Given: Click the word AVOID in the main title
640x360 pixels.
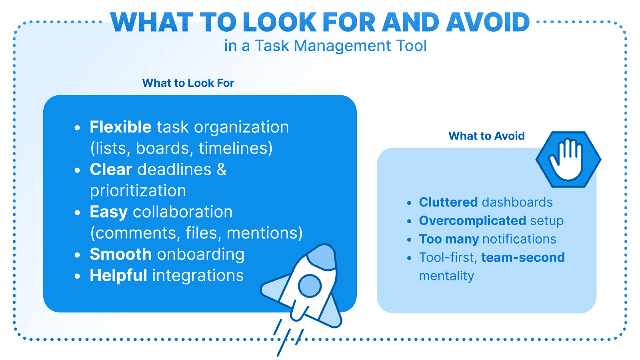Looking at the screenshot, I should coord(488,22).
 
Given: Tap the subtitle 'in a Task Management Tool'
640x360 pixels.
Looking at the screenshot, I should coord(325,46).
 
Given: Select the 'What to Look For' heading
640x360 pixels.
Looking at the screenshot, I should coord(188,83).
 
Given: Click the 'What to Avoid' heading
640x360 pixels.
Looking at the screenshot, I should coord(486,136).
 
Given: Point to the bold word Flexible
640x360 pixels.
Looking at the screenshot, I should coord(120,127).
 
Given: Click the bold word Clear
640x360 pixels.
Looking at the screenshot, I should coord(111,170).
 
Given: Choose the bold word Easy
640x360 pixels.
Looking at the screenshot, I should coord(108,212).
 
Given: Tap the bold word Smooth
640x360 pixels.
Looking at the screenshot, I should coord(120,254).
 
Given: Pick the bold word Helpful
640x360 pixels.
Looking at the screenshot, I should coord(118,276).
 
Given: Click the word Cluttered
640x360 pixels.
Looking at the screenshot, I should coord(448,202).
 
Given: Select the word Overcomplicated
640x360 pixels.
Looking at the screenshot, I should coord(472,221).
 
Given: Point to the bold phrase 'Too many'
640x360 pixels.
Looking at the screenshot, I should coord(449,239).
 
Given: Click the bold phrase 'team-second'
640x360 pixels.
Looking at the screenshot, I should coord(523,258).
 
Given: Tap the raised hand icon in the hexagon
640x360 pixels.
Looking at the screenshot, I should coord(568,159).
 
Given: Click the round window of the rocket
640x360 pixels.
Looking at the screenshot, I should coord(310,286).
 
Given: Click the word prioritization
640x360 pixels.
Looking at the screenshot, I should coord(138,191).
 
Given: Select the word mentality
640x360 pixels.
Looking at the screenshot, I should coord(446,276).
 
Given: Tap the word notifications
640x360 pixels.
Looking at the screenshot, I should coord(519,239).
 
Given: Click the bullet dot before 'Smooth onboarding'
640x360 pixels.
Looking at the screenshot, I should coord(78,255).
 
